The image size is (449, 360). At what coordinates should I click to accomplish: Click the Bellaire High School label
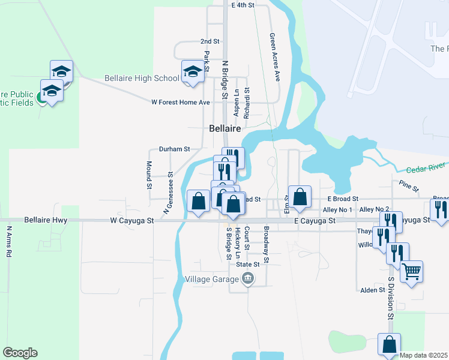[142, 78]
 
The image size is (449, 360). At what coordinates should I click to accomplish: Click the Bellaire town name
[225, 128]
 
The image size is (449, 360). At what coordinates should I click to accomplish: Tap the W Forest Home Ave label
[181, 103]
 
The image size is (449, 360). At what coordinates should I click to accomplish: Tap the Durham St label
[174, 149]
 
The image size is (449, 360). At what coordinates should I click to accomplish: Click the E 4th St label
[243, 5]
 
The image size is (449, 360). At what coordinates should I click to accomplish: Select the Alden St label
[372, 290]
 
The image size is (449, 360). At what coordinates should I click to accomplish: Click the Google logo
[20, 353]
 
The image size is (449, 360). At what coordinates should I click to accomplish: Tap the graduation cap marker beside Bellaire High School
[192, 71]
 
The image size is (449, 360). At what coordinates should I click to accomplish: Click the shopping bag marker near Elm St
[300, 196]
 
